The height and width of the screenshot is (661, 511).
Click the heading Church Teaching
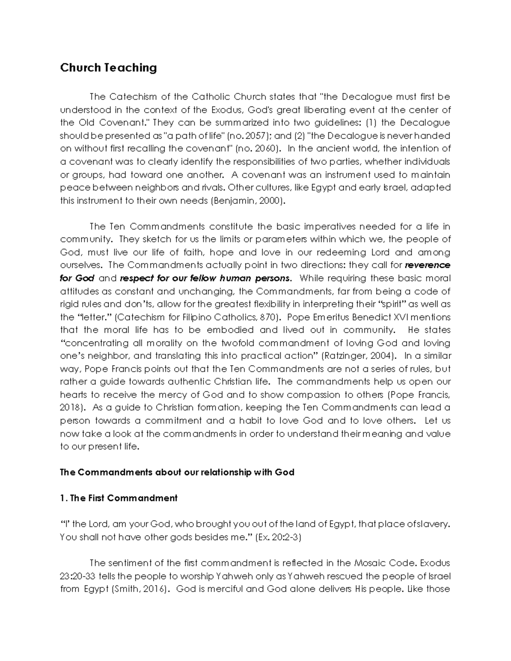(108, 68)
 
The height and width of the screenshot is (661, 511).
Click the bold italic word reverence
(427, 265)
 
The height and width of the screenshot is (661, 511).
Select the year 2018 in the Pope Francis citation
(70, 407)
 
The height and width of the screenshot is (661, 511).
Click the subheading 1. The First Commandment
(119, 498)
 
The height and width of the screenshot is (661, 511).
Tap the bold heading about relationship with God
(177, 472)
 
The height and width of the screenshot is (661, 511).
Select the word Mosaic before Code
(370, 563)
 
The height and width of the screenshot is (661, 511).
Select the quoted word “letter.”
(95, 317)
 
